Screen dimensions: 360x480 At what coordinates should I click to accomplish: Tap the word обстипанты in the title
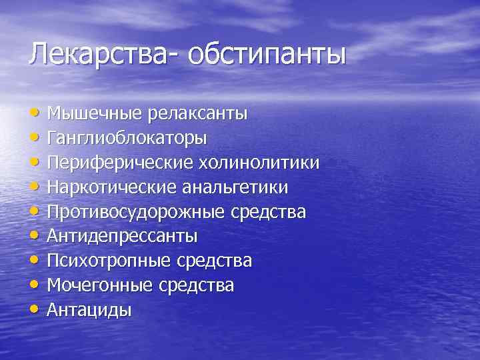(267, 54)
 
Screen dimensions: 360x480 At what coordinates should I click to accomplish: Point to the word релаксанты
(197, 113)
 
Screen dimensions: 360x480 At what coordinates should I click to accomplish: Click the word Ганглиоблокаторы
(127, 138)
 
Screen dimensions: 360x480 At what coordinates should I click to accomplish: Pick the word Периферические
(117, 163)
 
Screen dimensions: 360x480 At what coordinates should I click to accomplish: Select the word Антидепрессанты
(122, 237)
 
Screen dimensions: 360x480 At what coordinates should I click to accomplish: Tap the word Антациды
(89, 310)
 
